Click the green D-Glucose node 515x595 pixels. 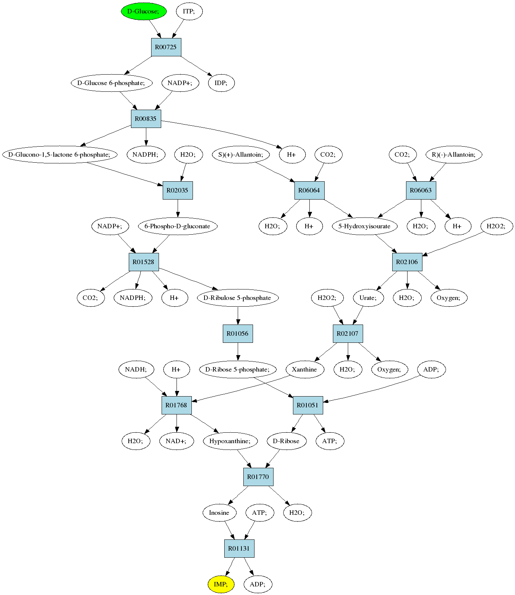point(144,11)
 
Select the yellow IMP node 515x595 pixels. point(221,584)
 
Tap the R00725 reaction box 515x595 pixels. point(166,47)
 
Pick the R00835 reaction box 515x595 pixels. point(146,119)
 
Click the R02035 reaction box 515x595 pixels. point(178,190)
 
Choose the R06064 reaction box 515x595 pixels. point(309,190)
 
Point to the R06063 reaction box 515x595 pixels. point(421,190)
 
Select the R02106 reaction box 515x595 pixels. point(407,262)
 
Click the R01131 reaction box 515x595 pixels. point(239,548)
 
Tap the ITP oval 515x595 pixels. point(189,11)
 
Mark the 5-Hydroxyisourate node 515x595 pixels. point(365,226)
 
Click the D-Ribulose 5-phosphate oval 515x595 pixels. point(238,298)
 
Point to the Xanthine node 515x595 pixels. point(305,369)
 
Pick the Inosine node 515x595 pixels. point(219,513)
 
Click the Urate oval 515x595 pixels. point(368,298)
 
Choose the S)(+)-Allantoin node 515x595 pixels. point(241,154)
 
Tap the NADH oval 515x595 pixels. point(136,369)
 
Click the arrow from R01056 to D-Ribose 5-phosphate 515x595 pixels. point(238,352)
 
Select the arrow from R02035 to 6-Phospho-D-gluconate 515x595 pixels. point(178,209)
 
